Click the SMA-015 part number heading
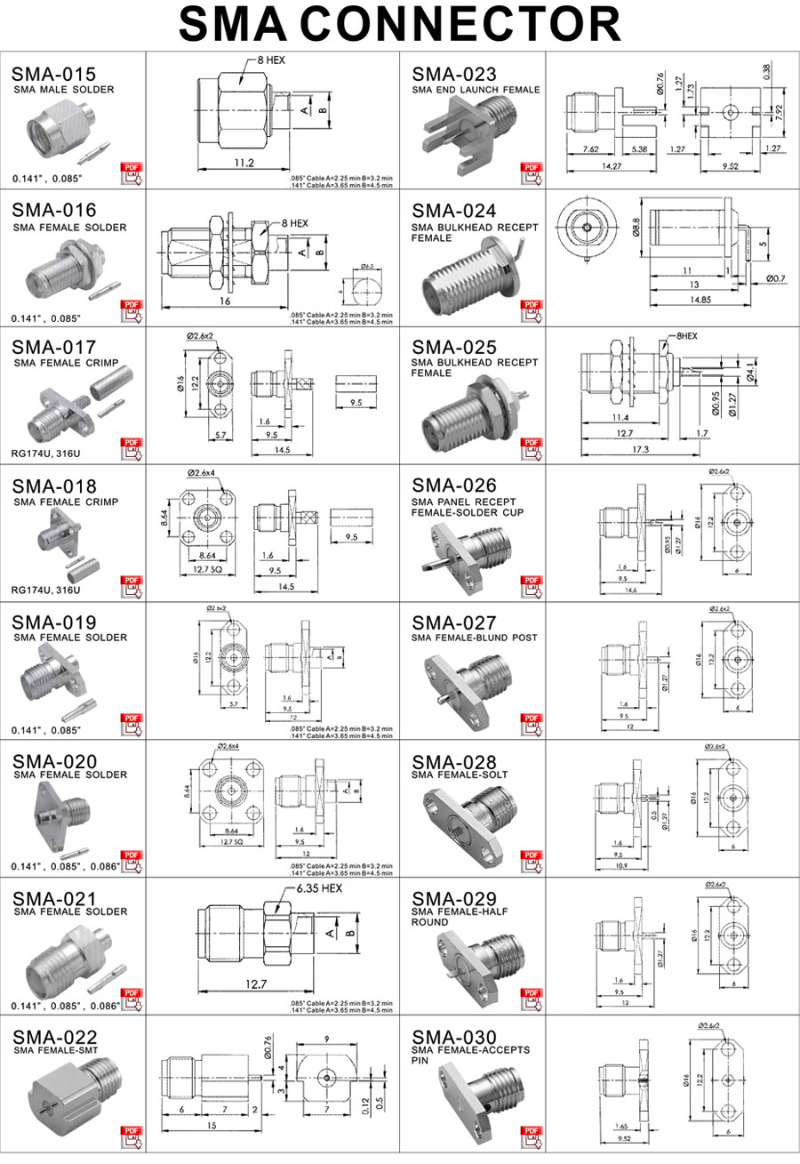[53, 75]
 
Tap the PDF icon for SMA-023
[532, 172]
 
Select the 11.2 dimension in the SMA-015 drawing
[244, 164]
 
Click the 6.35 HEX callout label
[319, 888]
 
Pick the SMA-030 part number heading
[454, 1037]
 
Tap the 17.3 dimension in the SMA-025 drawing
[640, 450]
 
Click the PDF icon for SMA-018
[132, 584]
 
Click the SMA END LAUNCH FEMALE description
[476, 90]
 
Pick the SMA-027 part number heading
[454, 622]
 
